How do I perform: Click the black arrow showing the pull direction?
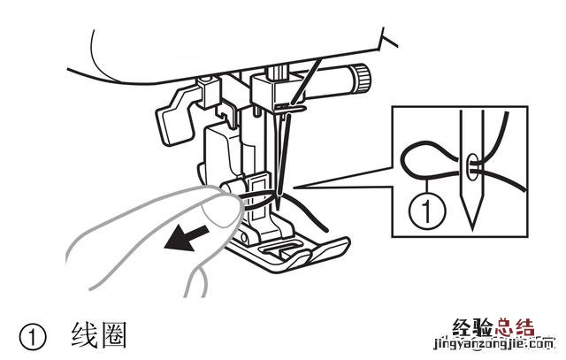click(187, 238)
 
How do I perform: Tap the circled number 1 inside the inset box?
click(427, 210)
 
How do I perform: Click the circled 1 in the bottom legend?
click(33, 339)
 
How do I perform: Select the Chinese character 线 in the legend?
click(85, 335)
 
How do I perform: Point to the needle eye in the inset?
click(471, 166)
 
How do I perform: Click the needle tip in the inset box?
click(472, 230)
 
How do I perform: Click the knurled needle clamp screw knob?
click(362, 79)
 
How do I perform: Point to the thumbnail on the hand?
click(221, 213)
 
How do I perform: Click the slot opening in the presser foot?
click(279, 248)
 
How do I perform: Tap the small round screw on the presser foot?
click(244, 238)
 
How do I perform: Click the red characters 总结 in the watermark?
click(515, 328)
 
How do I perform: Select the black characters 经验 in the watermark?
click(472, 328)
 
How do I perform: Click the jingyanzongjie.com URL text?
click(493, 345)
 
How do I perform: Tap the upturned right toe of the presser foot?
click(329, 249)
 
